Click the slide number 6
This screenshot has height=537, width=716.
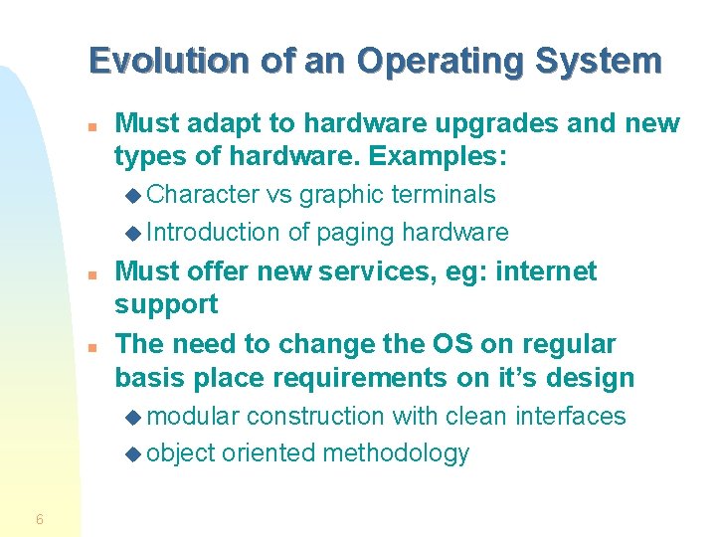click(39, 518)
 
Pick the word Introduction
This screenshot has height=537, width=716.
click(213, 233)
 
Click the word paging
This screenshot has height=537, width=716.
click(355, 233)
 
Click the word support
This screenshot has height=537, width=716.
click(166, 304)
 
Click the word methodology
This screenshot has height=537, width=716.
click(396, 453)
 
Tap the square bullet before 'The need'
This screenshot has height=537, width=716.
click(90, 347)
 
